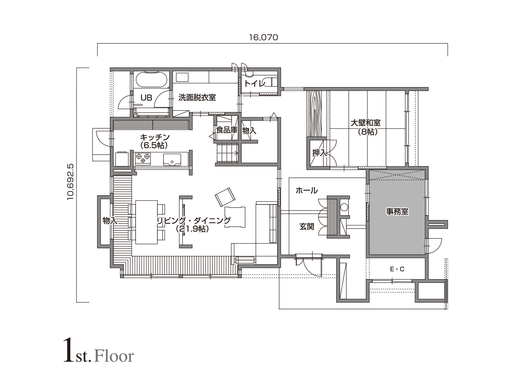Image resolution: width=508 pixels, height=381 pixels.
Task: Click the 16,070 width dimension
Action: click(x=264, y=37)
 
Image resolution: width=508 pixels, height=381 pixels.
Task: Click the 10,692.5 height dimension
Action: click(x=70, y=182)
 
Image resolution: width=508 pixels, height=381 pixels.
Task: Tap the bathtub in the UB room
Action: click(x=151, y=80)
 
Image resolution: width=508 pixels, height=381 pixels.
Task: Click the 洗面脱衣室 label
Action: click(x=197, y=97)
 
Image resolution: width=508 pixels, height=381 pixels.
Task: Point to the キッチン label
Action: click(x=155, y=137)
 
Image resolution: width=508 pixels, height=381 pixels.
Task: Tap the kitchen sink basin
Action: click(x=172, y=159)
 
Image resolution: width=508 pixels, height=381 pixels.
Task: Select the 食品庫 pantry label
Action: click(x=227, y=130)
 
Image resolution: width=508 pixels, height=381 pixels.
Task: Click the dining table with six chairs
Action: click(x=146, y=222)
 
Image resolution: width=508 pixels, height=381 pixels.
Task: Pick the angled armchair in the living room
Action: click(x=225, y=197)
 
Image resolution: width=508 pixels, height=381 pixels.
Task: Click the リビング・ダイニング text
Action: click(x=194, y=220)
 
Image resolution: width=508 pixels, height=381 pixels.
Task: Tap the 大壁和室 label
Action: click(x=366, y=123)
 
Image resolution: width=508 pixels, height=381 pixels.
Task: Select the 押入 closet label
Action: click(x=319, y=153)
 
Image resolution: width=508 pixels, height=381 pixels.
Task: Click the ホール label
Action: click(x=307, y=190)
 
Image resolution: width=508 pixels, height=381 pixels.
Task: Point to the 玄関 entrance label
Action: click(x=307, y=226)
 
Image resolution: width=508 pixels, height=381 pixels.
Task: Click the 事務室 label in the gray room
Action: click(x=397, y=211)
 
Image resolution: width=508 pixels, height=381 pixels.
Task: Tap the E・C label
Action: click(x=397, y=269)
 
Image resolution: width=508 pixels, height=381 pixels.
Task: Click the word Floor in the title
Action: click(x=114, y=356)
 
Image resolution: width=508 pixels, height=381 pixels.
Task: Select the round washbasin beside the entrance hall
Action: click(x=344, y=207)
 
